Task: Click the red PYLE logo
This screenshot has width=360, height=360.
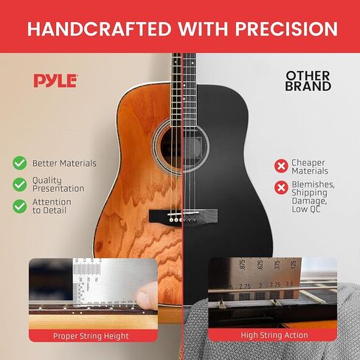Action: tap(55, 80)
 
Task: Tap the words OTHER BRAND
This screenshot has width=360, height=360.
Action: tap(308, 81)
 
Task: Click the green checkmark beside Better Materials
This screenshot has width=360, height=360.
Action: tap(20, 163)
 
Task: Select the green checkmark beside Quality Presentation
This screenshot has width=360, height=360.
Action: tap(20, 184)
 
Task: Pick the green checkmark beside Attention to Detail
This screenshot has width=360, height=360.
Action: tap(20, 206)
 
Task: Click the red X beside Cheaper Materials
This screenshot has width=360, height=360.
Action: tap(281, 166)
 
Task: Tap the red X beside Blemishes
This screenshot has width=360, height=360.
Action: tap(281, 187)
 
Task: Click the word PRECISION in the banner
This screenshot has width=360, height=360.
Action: tap(286, 29)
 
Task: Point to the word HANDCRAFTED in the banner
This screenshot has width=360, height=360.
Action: tap(99, 29)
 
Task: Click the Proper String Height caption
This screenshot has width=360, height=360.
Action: tap(91, 336)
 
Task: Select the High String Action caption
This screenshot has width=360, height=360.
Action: tap(274, 335)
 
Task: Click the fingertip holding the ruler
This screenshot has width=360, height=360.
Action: tap(147, 297)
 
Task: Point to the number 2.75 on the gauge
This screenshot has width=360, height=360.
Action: tap(245, 286)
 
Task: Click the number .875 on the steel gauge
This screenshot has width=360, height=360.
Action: tap(242, 265)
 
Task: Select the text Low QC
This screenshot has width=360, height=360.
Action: tap(306, 210)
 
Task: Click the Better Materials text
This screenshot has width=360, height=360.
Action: tap(64, 163)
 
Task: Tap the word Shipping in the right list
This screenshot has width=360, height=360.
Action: tap(309, 193)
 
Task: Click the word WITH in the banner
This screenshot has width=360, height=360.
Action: tap(203, 29)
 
